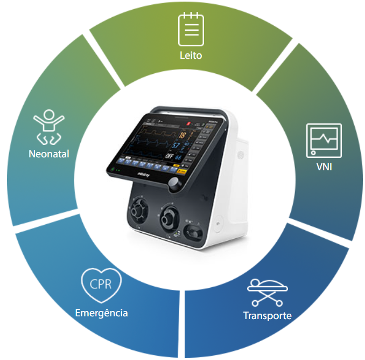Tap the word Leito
[x=191, y=56]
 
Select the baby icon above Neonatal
[x=48, y=127]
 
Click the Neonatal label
[x=49, y=154]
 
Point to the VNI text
[x=324, y=167]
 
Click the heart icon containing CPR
[x=101, y=284]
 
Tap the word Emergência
[x=101, y=313]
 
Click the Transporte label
[x=268, y=316]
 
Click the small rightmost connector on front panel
[x=192, y=233]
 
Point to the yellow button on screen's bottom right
[x=181, y=171]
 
